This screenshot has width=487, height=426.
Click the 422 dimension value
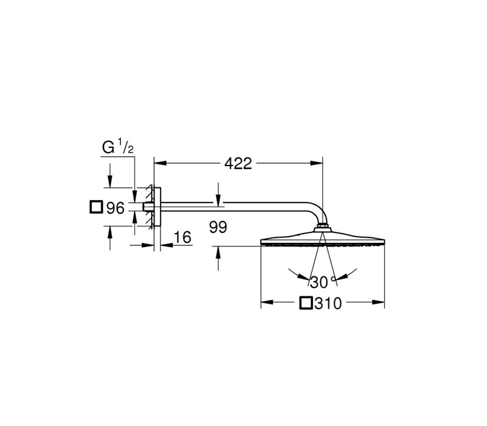(x=238, y=164)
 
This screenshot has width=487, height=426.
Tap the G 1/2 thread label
(x=117, y=147)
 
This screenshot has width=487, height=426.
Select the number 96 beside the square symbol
(x=115, y=208)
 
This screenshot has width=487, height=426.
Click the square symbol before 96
(x=96, y=207)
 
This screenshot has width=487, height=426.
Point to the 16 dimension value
(x=183, y=237)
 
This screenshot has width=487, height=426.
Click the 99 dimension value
(x=218, y=227)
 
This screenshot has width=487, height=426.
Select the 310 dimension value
(x=328, y=303)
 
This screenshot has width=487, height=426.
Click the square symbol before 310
(x=306, y=303)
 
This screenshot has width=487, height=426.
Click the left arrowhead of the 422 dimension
(x=161, y=163)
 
